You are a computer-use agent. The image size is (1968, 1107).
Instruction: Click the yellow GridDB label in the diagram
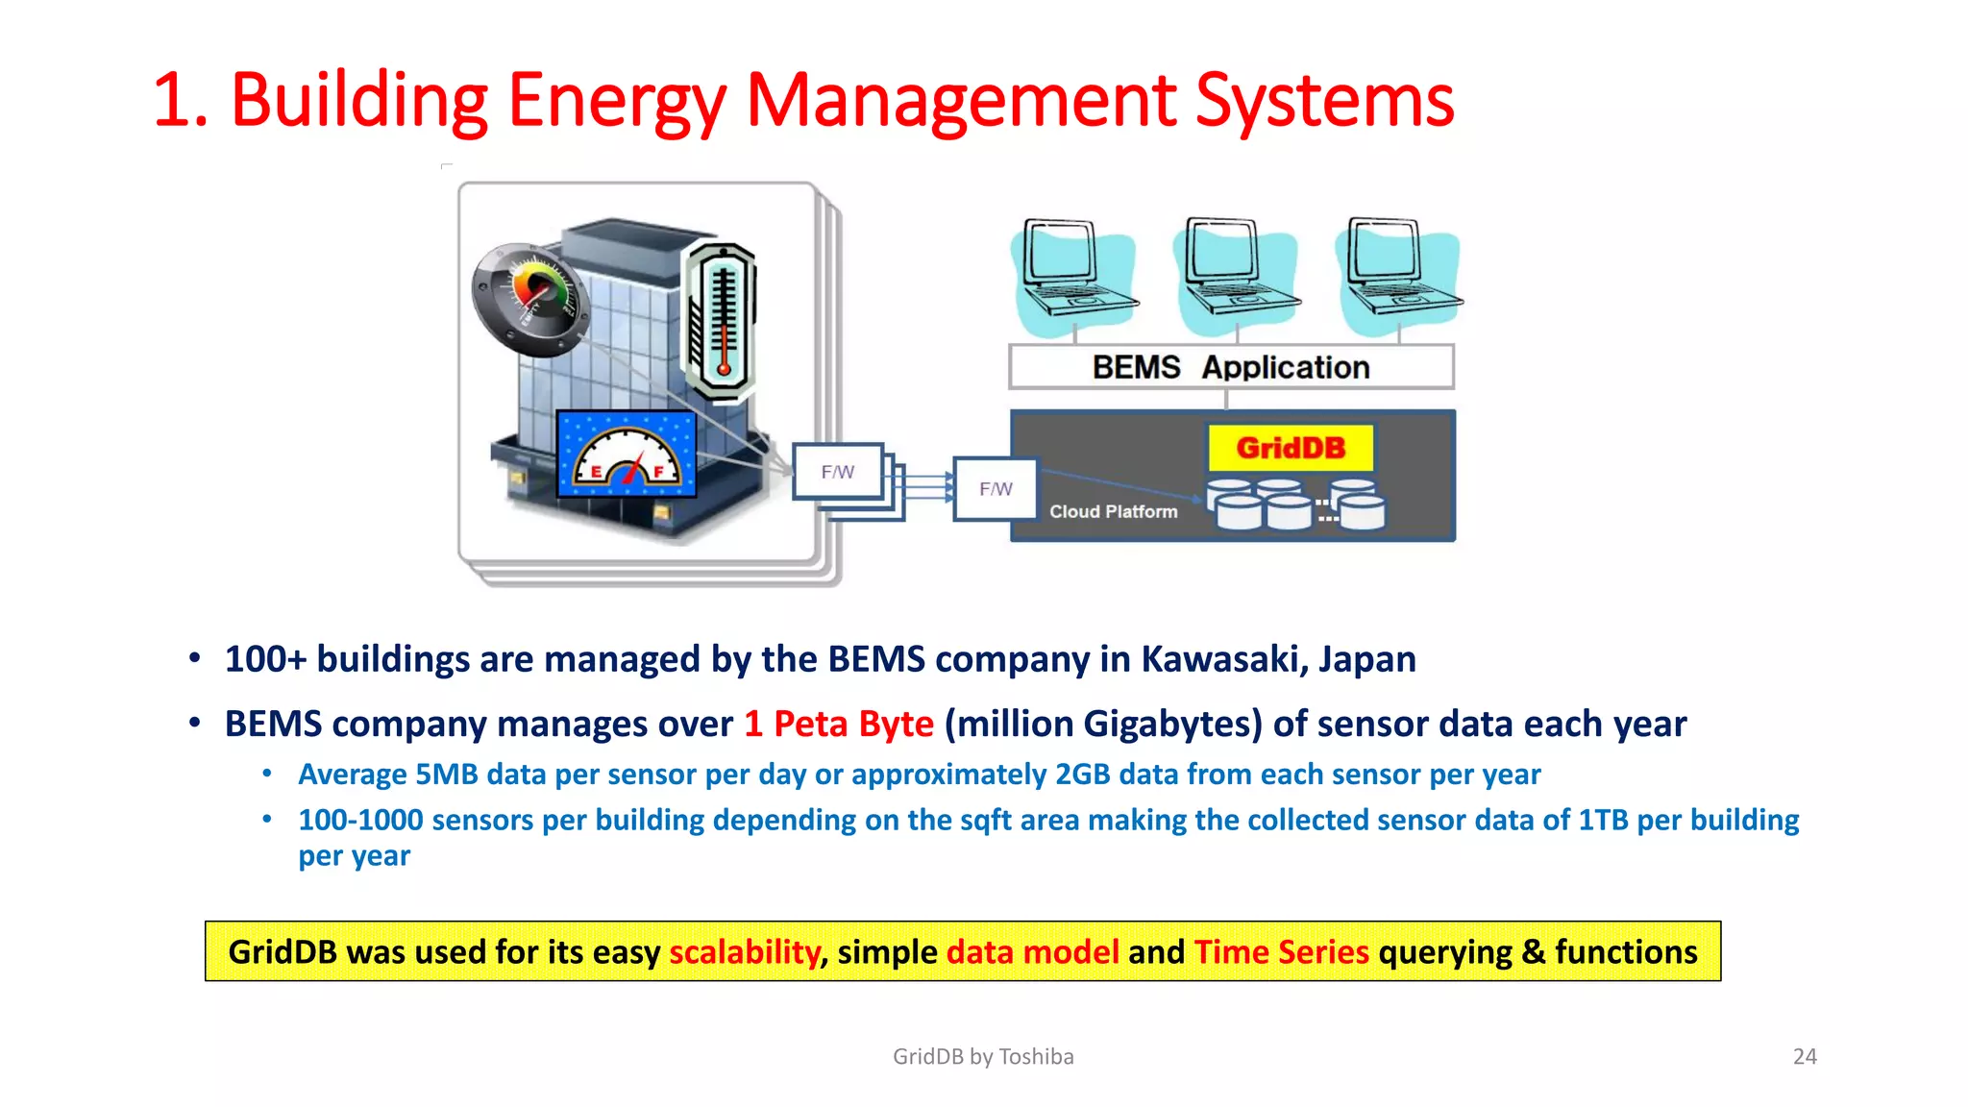tap(1291, 448)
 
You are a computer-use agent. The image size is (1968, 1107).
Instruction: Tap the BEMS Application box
tap(1231, 367)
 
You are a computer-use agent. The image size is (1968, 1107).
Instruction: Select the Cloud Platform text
tap(1113, 512)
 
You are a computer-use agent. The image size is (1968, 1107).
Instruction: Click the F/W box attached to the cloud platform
tap(996, 489)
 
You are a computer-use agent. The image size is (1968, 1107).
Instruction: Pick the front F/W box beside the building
tap(837, 472)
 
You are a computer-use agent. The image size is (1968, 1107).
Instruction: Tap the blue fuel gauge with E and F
tap(627, 455)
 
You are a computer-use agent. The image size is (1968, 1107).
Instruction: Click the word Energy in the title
tap(615, 101)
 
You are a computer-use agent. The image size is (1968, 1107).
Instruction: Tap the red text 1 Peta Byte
tap(838, 724)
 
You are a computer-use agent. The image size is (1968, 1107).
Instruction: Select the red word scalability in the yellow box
tap(744, 952)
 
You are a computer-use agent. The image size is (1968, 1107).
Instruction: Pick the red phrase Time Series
tap(1281, 952)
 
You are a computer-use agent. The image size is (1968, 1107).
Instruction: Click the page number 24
tap(1805, 1057)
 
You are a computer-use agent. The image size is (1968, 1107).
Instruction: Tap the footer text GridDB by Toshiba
tap(983, 1057)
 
